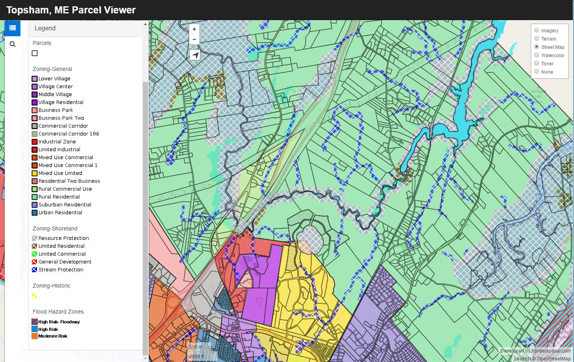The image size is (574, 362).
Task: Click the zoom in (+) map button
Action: coord(194,29)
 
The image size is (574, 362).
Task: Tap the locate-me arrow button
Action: coord(195,55)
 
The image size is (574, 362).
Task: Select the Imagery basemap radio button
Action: coord(537,30)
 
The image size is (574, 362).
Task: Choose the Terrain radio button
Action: coord(537,39)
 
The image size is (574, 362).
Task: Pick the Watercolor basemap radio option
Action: coord(537,55)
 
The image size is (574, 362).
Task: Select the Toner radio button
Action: coord(537,63)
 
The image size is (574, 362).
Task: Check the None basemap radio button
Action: coord(537,72)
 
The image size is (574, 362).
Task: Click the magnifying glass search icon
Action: coord(13,44)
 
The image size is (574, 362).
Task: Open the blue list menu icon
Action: coord(13,28)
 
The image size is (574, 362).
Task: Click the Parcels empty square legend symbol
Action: coord(35,53)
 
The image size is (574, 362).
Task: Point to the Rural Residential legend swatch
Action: coord(35,197)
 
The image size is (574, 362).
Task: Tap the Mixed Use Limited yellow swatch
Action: coord(35,173)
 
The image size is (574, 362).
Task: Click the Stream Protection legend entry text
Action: coord(61,270)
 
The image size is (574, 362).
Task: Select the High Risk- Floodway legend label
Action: coord(59,322)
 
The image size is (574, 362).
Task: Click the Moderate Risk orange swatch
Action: coord(35,336)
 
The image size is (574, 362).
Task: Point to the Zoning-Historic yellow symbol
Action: coord(35,295)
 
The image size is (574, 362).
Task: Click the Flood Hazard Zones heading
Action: coord(58,312)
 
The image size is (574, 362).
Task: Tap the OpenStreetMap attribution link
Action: coord(554,358)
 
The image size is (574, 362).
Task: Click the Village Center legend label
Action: coord(55,87)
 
